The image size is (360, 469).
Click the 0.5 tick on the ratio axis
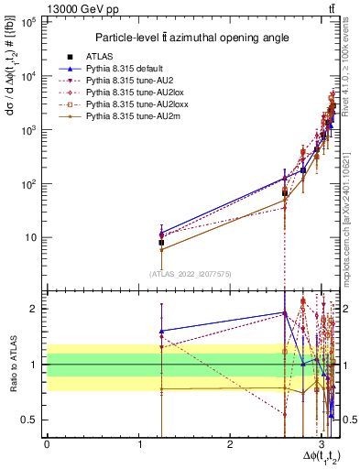pos(33,420)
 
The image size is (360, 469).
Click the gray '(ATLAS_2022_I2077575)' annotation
pos(191,273)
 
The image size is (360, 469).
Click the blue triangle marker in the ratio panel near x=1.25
pos(162,331)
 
